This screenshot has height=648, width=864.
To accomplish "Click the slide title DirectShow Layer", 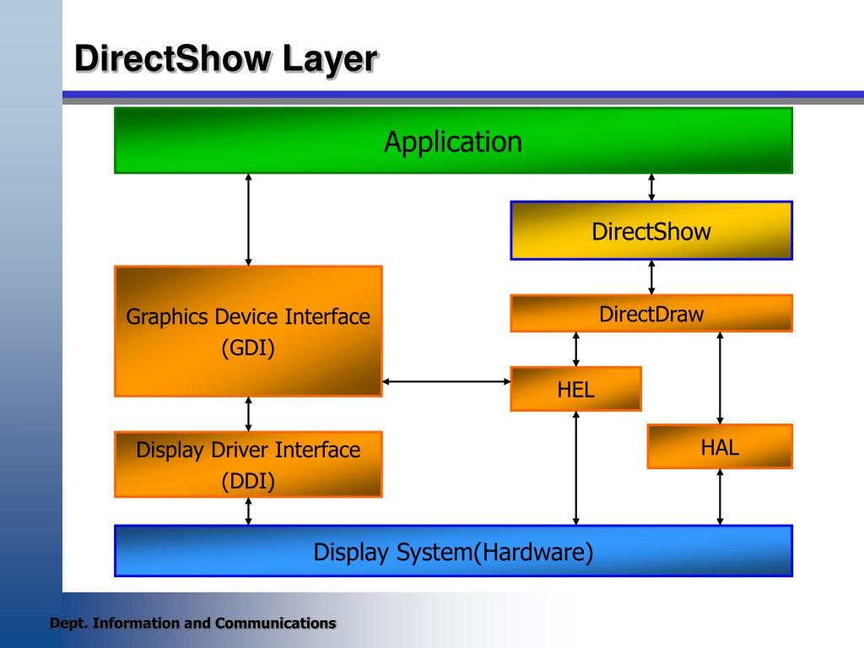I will (x=225, y=60).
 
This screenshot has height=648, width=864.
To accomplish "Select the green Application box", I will (x=453, y=141).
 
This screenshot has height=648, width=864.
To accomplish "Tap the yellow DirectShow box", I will (x=651, y=231).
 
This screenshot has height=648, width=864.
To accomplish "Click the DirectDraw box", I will (x=651, y=314).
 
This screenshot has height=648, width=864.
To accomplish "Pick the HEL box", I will (x=575, y=389).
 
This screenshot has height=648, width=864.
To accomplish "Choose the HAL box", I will (x=720, y=446).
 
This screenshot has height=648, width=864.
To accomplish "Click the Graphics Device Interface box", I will (x=248, y=331).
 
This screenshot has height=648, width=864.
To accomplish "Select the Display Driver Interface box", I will (x=248, y=464).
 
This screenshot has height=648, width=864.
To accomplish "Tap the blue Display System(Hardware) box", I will (x=453, y=552).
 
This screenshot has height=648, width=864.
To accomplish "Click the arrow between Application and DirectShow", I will (x=651, y=187).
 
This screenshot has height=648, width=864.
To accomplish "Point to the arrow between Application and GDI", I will (x=248, y=219).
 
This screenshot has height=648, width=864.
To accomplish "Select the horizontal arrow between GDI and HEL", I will (x=446, y=381).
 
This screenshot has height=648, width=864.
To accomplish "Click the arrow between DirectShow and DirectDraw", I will (x=651, y=277).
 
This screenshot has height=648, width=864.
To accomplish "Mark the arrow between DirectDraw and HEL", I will (x=576, y=348).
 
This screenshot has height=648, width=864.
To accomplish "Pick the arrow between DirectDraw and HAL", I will (x=720, y=377).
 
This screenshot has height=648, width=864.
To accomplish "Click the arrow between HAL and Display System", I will (x=720, y=497).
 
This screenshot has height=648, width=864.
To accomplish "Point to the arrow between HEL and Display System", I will (x=576, y=468).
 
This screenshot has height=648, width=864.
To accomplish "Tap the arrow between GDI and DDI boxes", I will (x=248, y=413).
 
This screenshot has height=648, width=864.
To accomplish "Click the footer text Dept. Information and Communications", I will (x=192, y=624).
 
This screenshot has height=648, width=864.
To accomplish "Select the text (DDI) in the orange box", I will (x=248, y=481).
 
